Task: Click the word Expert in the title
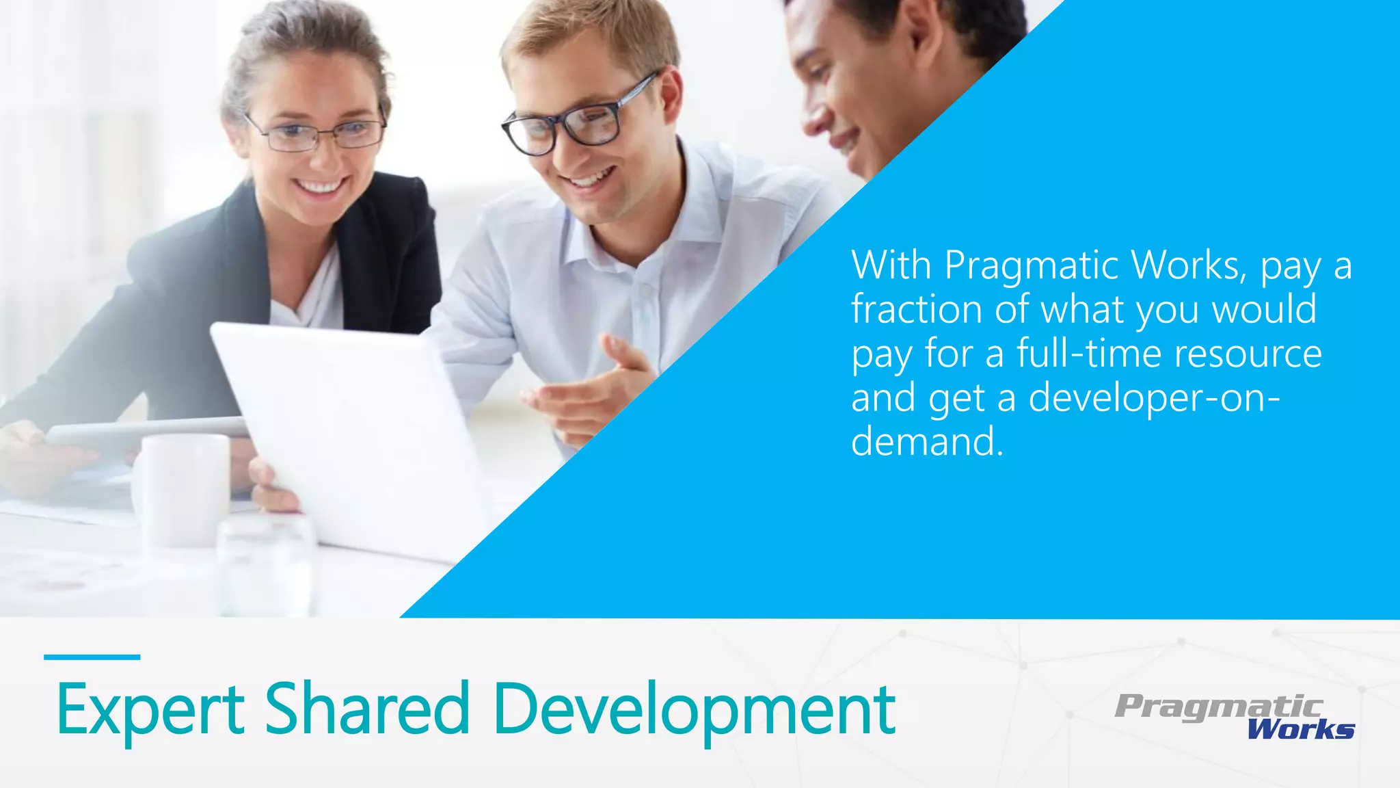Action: point(150,709)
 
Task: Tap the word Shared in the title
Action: point(367,709)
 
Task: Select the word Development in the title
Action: point(693,709)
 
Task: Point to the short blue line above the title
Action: point(92,657)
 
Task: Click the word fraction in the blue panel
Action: point(917,309)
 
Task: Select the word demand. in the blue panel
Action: point(927,442)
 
